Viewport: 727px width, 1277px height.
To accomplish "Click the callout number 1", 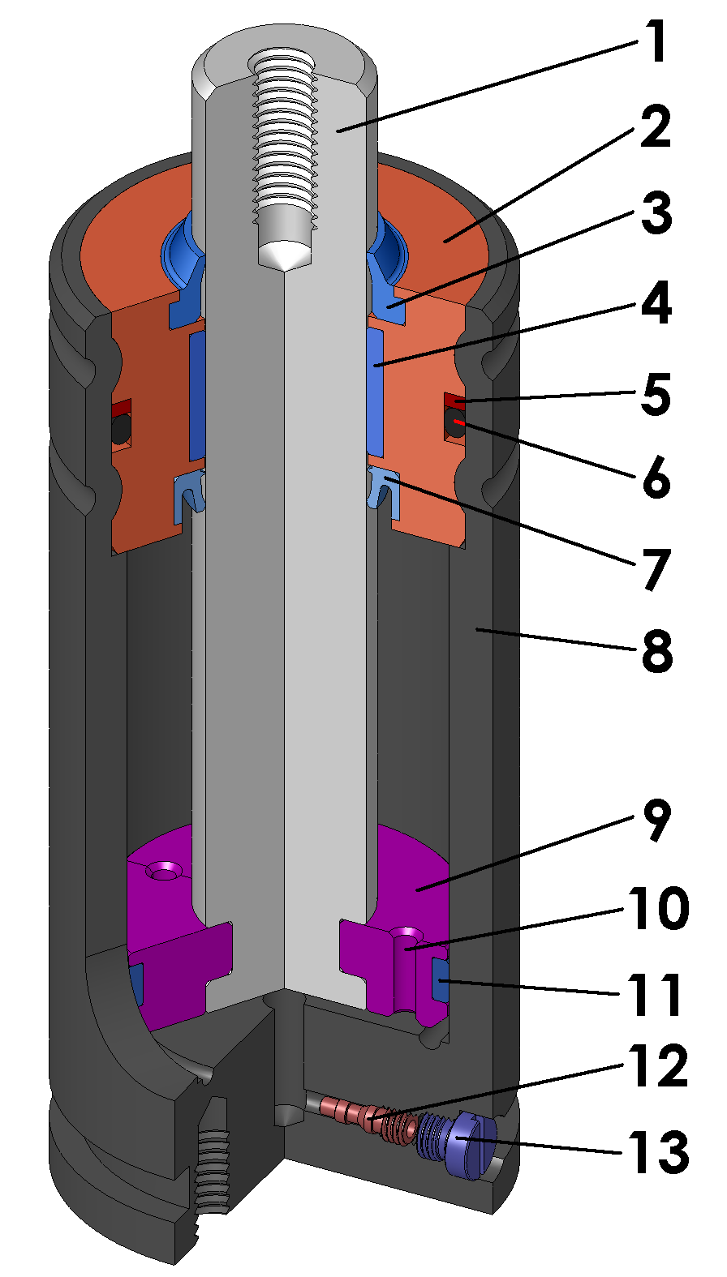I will click(655, 43).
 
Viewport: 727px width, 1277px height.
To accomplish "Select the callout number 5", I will click(655, 395).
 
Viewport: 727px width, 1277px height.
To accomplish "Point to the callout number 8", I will click(656, 650).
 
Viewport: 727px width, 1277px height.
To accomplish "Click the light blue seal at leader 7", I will click(383, 491).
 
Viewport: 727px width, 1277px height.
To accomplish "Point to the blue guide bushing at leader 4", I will click(375, 393).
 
